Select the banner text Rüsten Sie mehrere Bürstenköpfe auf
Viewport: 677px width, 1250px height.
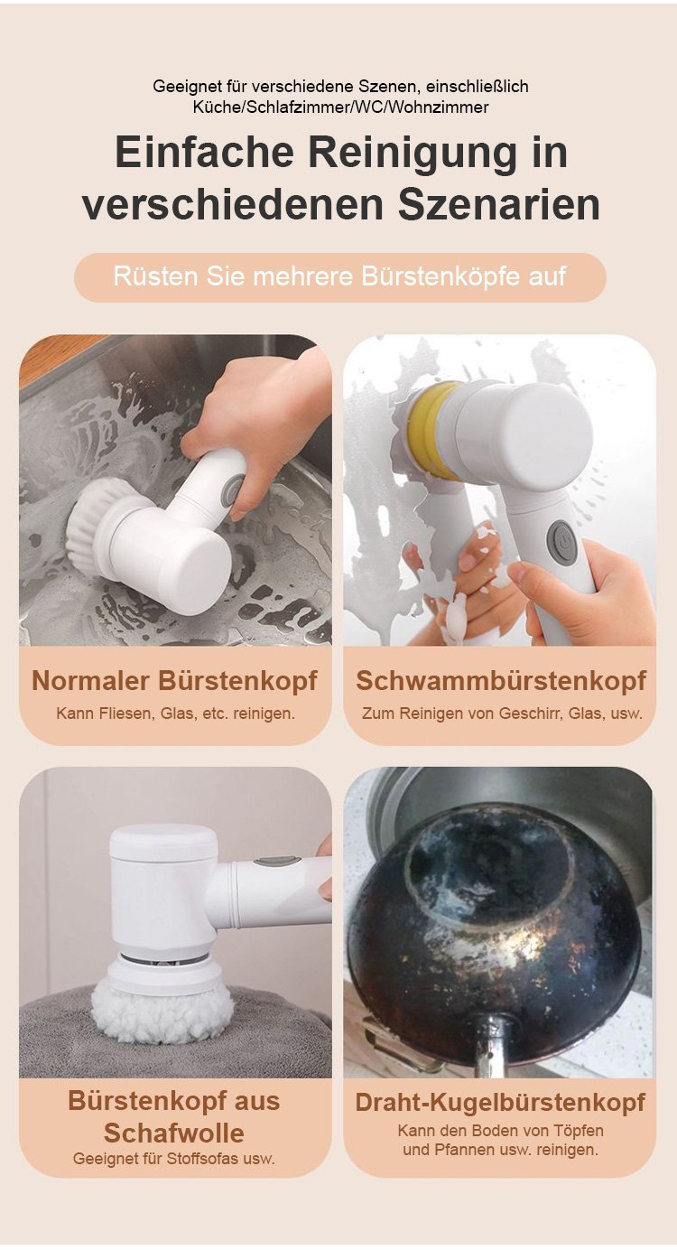339,276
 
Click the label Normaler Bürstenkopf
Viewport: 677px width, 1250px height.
174,681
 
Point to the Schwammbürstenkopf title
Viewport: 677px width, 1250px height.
501,681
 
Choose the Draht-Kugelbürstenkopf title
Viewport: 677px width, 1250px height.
500,1103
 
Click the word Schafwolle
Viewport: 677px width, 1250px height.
174,1133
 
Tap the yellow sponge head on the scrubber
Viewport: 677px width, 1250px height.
430,431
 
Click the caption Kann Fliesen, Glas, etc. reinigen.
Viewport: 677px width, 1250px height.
175,714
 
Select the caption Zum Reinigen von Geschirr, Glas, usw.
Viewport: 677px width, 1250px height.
502,714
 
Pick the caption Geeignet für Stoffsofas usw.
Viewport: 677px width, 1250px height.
174,1159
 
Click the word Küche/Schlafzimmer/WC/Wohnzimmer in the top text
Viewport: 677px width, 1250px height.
340,107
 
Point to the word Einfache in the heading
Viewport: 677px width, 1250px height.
204,153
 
